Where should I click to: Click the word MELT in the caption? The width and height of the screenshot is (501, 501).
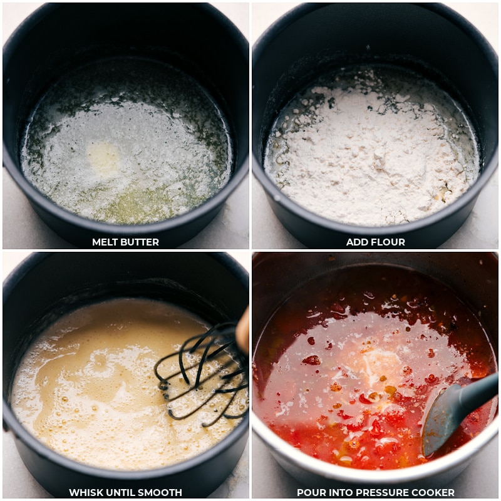click(105, 242)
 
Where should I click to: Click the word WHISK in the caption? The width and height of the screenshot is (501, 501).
click(85, 493)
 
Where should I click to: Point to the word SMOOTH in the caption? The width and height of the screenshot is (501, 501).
click(160, 493)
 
